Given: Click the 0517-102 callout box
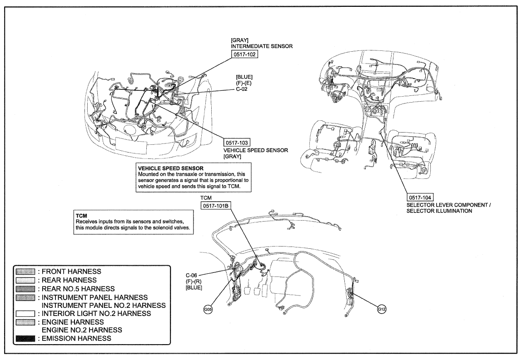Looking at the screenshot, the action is click(x=244, y=54).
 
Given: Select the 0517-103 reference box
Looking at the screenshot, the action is click(x=237, y=143).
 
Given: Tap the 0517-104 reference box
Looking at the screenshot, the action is click(x=420, y=197).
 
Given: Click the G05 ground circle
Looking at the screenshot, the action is click(x=208, y=310).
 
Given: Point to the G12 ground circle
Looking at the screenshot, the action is click(x=382, y=310).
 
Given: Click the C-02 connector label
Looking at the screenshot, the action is click(x=242, y=89).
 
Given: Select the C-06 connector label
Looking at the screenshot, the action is click(x=191, y=275).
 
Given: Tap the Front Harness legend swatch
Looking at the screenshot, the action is click(x=25, y=271).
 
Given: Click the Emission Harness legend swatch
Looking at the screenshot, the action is click(x=25, y=338).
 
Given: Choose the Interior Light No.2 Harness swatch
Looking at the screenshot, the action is click(x=25, y=313).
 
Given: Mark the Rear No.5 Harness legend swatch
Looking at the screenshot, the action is click(x=25, y=289).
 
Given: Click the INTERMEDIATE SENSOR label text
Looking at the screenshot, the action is click(x=262, y=46).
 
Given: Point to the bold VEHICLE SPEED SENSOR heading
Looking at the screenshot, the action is click(x=171, y=168).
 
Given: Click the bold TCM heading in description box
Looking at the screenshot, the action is click(x=82, y=216).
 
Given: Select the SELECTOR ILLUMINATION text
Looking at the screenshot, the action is click(x=439, y=211).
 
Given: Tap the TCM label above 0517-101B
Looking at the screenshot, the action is click(x=206, y=198).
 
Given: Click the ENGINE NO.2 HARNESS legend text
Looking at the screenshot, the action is click(x=82, y=330).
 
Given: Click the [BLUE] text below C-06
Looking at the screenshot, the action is click(x=194, y=287).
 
